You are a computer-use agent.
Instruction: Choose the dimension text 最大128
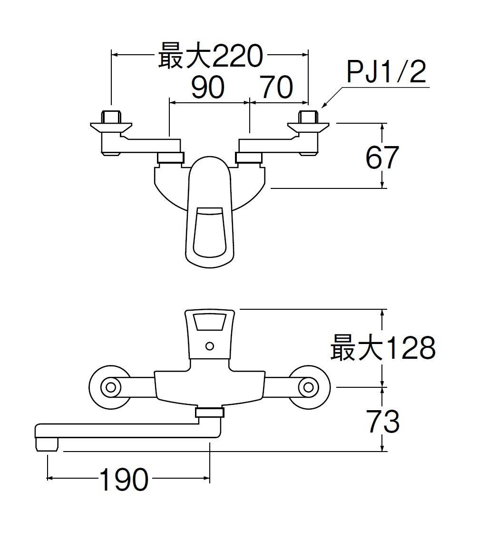(382, 348)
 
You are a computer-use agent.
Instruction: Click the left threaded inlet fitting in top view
(111, 116)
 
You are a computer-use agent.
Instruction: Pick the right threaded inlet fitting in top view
(308, 116)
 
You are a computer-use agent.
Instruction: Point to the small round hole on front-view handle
(209, 346)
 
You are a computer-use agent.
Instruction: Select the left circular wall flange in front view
(110, 387)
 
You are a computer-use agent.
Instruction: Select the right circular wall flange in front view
(309, 387)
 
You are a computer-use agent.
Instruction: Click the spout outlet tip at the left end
(47, 444)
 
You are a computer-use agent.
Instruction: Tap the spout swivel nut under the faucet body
(209, 413)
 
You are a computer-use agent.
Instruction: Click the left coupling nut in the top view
(170, 157)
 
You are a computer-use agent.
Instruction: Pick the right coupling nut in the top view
(249, 157)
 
